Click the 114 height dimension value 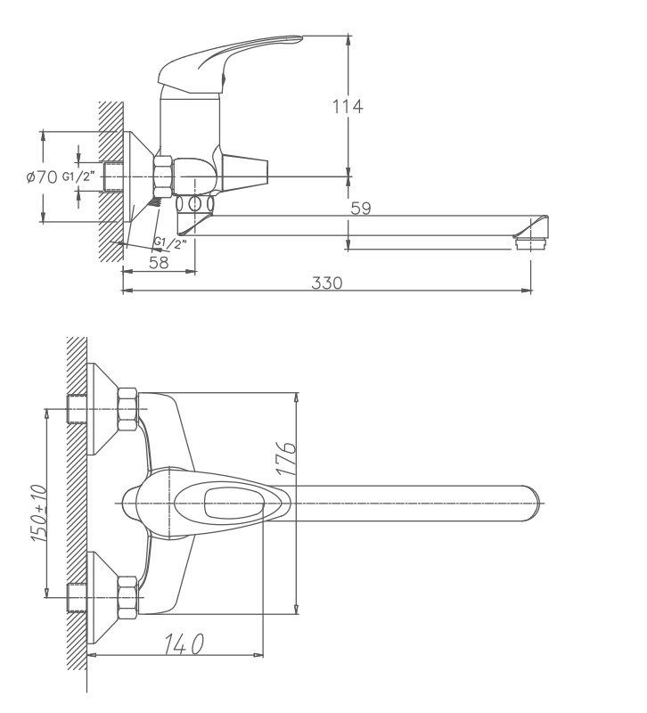347,107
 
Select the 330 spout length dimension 327,283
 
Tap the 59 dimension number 360,209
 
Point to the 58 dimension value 159,263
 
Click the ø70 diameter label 42,177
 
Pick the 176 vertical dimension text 285,459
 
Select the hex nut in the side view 163,176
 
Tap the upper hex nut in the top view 127,408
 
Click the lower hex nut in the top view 127,596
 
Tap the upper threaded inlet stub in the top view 78,408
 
